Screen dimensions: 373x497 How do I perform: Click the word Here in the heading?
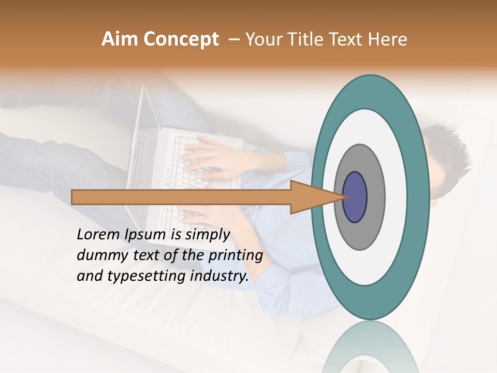pos(388,39)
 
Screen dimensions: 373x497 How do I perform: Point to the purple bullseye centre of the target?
pos(355,197)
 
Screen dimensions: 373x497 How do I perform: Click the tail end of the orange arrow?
pos(74,197)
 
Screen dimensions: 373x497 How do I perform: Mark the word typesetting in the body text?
pos(148,276)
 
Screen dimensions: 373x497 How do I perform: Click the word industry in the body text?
pos(220,276)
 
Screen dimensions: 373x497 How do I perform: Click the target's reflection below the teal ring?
pos(370,347)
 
